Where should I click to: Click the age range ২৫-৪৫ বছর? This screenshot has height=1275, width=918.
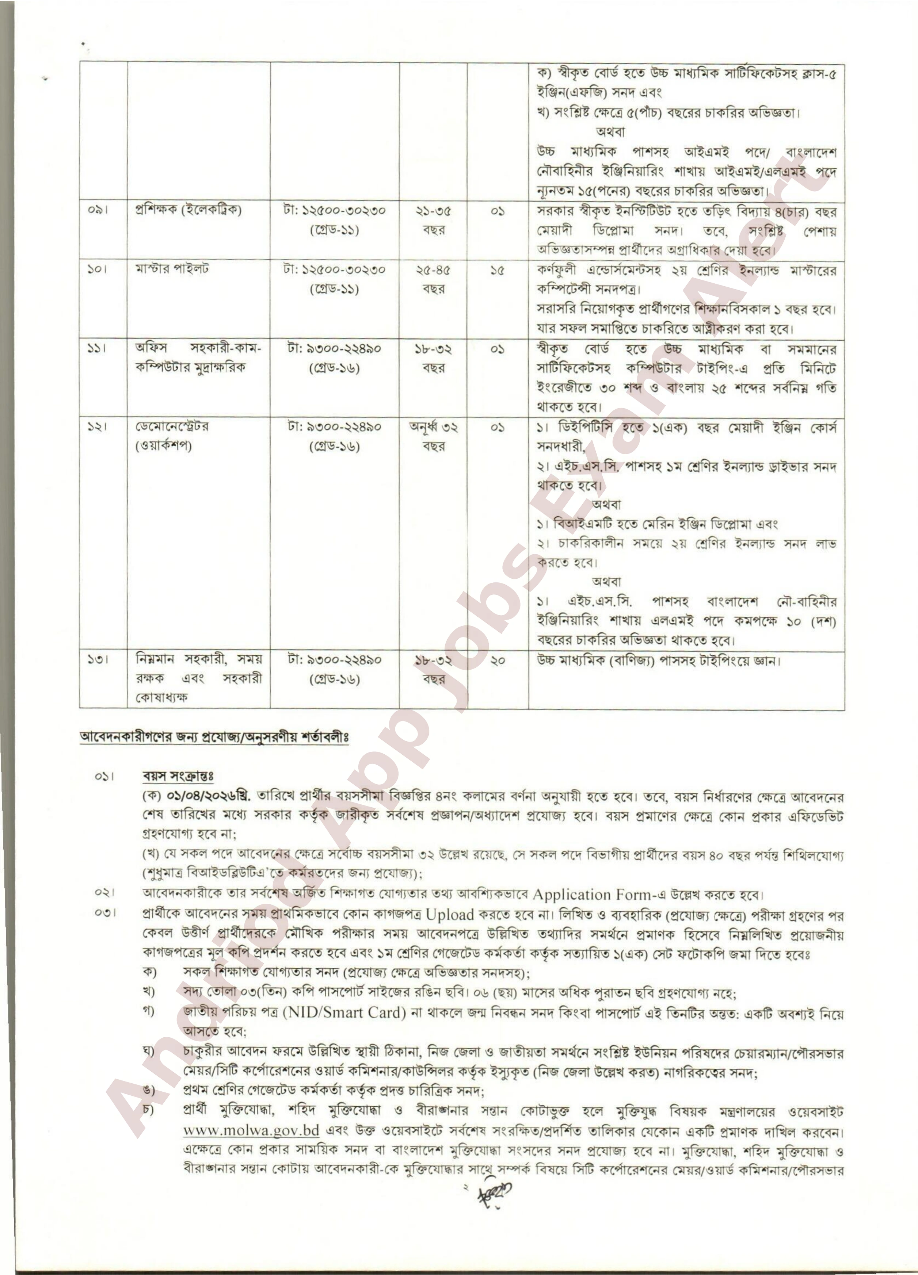coord(433,279)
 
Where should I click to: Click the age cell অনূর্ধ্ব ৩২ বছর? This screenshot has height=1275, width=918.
coord(433,437)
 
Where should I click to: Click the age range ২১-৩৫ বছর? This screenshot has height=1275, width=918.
coord(433,221)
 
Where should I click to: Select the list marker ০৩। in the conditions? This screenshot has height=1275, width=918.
coord(104,914)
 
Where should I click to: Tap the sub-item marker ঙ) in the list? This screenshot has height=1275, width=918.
coord(149,1091)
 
